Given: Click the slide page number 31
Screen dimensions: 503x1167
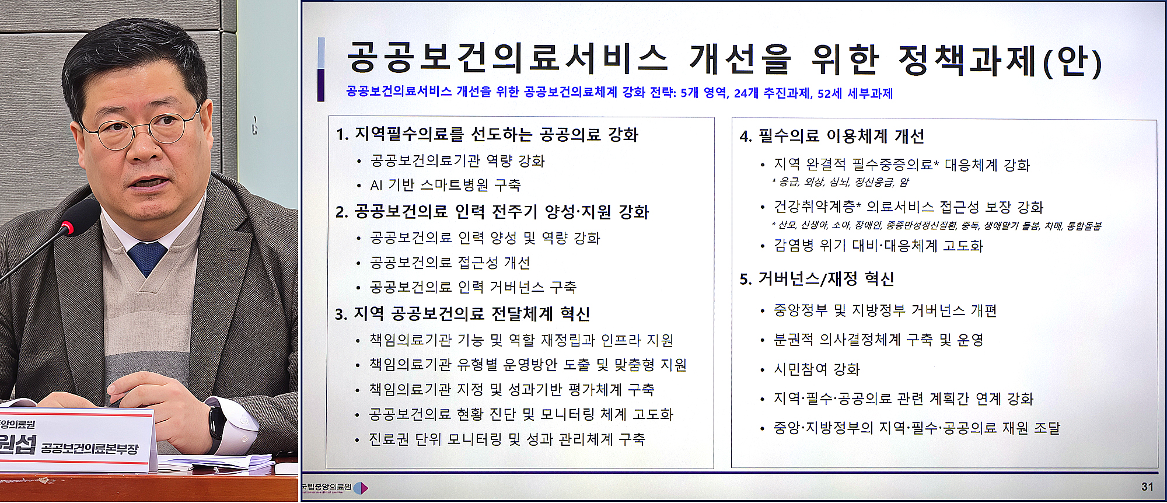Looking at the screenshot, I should (x=1147, y=487).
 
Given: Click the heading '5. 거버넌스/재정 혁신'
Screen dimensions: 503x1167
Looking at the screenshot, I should (x=816, y=280).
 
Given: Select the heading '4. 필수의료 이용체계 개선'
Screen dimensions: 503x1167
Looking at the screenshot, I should (x=831, y=137).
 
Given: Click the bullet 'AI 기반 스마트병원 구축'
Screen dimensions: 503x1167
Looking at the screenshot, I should (x=445, y=186).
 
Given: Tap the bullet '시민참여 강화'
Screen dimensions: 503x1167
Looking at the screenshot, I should (x=816, y=369).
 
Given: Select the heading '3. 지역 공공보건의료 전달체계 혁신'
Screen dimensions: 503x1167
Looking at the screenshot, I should (x=462, y=315).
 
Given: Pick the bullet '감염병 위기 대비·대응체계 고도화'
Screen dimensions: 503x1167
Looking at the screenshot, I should (x=878, y=246).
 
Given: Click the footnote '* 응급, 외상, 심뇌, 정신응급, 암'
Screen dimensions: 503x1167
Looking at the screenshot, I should (x=840, y=183).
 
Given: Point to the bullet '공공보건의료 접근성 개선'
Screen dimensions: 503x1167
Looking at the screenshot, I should (x=450, y=263).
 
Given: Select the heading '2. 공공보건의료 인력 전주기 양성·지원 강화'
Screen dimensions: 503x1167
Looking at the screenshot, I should (x=492, y=212).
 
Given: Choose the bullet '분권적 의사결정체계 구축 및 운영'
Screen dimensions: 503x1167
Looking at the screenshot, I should (x=878, y=340).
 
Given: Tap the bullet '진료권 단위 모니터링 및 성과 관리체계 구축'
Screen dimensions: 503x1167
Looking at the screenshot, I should (x=507, y=439).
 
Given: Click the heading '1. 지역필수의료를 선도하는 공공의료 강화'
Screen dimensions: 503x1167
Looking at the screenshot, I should (x=487, y=135).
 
